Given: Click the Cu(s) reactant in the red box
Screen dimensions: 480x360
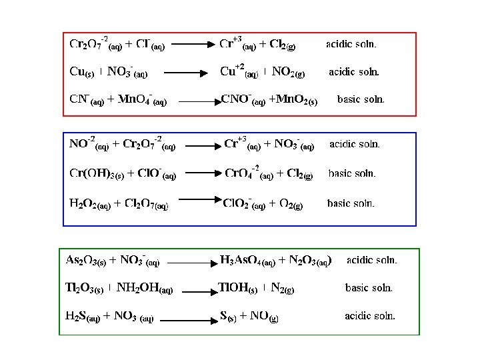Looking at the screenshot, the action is coord(82,71).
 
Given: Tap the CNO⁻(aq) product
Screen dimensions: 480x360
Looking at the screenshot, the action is coord(243,101).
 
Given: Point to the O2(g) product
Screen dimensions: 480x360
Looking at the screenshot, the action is coord(287,203).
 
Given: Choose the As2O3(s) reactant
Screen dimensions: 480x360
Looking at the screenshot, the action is coord(86,260).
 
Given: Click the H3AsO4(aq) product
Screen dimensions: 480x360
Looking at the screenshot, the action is coord(247,260).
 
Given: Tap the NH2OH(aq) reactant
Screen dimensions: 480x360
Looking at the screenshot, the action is coord(145,289).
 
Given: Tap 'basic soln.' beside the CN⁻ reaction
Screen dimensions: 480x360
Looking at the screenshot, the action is coord(361,99).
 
